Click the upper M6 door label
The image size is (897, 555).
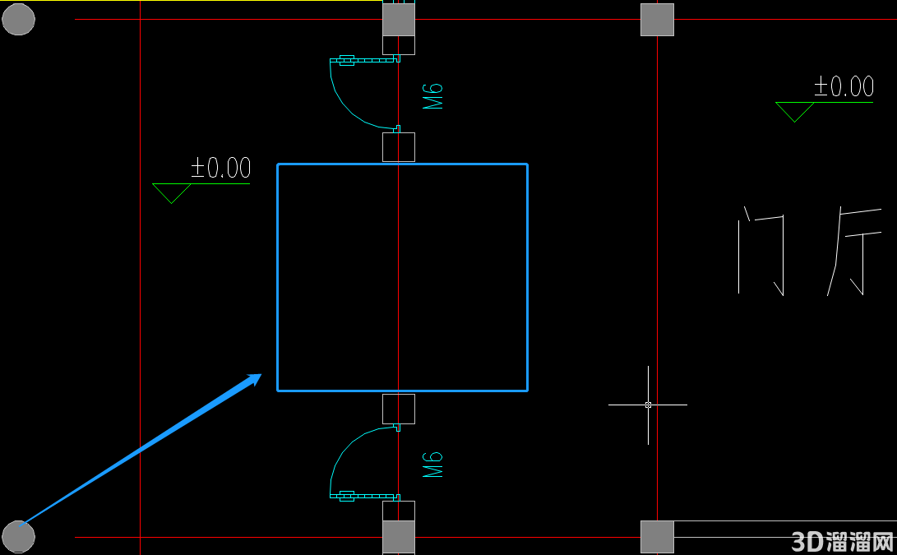(x=432, y=96)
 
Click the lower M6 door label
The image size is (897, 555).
(x=432, y=465)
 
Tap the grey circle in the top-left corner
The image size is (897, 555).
(x=18, y=19)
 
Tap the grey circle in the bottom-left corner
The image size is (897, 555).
(x=18, y=537)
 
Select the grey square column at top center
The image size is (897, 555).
(x=399, y=20)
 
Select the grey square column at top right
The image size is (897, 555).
(x=657, y=20)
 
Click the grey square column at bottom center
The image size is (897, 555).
(x=399, y=537)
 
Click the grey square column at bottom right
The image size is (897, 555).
(x=657, y=537)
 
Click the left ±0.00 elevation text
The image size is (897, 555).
(x=221, y=168)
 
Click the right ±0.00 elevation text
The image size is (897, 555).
(x=844, y=86)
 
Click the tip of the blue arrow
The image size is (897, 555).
(x=261, y=374)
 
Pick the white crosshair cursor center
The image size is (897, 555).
(x=648, y=405)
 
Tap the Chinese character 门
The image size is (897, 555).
(x=761, y=251)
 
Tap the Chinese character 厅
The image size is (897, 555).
(x=854, y=251)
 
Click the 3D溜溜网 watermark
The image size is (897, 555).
(x=842, y=541)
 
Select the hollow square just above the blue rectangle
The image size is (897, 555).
(x=399, y=147)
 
